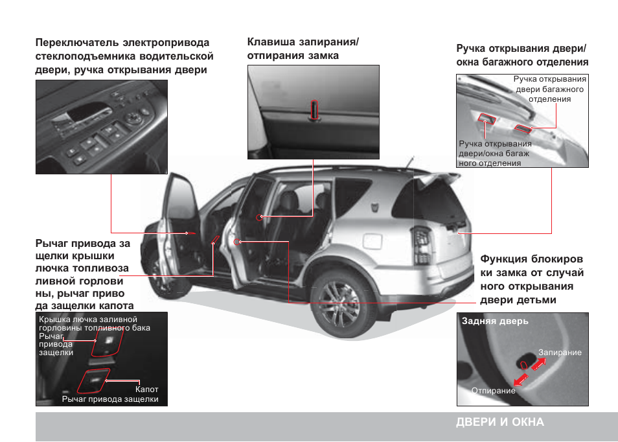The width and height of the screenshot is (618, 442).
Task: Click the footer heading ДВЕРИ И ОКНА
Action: pyautogui.click(x=499, y=422)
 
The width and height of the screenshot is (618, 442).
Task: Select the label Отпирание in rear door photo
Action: pyautogui.click(x=493, y=391)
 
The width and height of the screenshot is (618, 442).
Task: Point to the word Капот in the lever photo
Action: pyautogui.click(x=147, y=390)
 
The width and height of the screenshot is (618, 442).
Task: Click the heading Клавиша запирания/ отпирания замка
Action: pyautogui.click(x=303, y=49)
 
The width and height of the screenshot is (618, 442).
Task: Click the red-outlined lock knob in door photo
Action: pyautogui.click(x=314, y=110)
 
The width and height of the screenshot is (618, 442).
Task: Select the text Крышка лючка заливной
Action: pyautogui.click(x=88, y=320)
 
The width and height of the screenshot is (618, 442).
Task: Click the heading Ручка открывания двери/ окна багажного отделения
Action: pyautogui.click(x=521, y=56)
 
